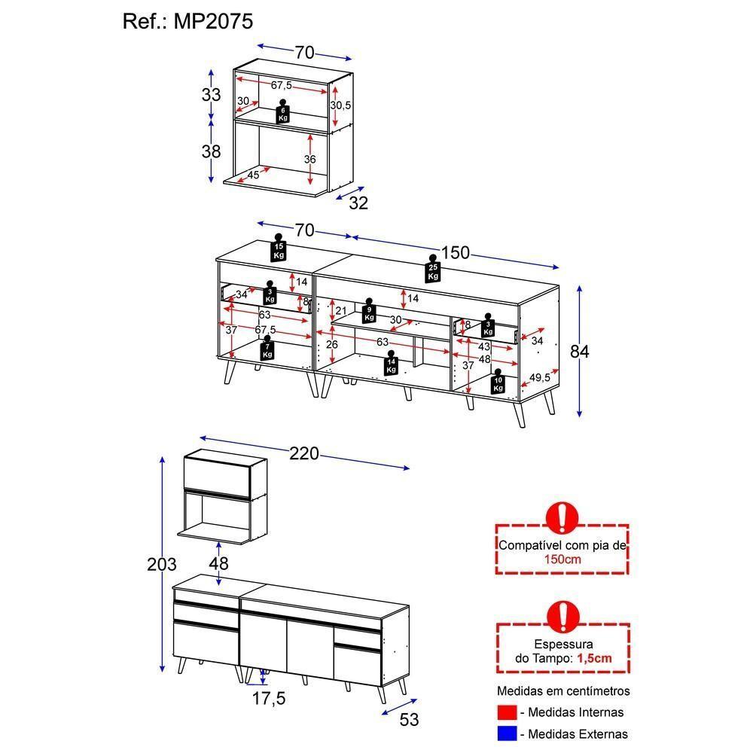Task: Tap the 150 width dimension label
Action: tap(456, 252)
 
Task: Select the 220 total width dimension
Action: tap(304, 453)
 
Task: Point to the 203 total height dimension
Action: tap(161, 564)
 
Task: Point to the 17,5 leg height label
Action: tap(269, 699)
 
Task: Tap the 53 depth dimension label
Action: tap(409, 720)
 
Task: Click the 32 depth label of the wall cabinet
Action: tap(358, 203)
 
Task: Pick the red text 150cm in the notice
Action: tap(562, 559)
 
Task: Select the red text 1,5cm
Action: tap(594, 658)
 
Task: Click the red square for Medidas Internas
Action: tap(507, 712)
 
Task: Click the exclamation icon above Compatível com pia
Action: tap(562, 517)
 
